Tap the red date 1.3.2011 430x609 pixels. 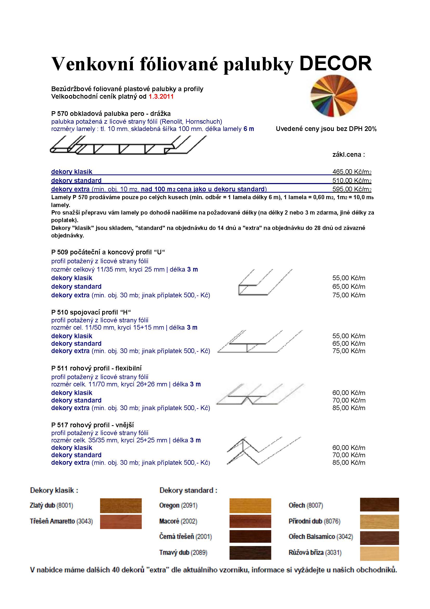161,97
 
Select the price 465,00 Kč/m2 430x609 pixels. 352,172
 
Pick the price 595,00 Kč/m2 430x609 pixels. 352,189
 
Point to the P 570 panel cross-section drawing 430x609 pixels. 128,145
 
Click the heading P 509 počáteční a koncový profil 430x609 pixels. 108,252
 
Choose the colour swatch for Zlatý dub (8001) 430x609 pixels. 121,506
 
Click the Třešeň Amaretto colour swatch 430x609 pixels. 121,522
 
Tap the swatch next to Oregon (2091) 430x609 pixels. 250,506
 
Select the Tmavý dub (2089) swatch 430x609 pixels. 250,553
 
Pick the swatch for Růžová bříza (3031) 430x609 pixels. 379,553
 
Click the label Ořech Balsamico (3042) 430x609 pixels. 321,537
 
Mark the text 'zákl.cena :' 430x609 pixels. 348,155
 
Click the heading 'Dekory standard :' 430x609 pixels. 188,491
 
